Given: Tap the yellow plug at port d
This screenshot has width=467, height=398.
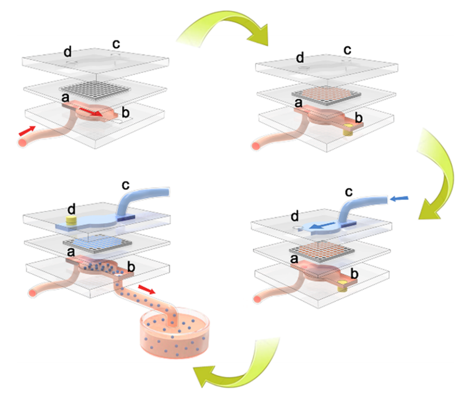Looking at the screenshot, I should pyautogui.click(x=72, y=221).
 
